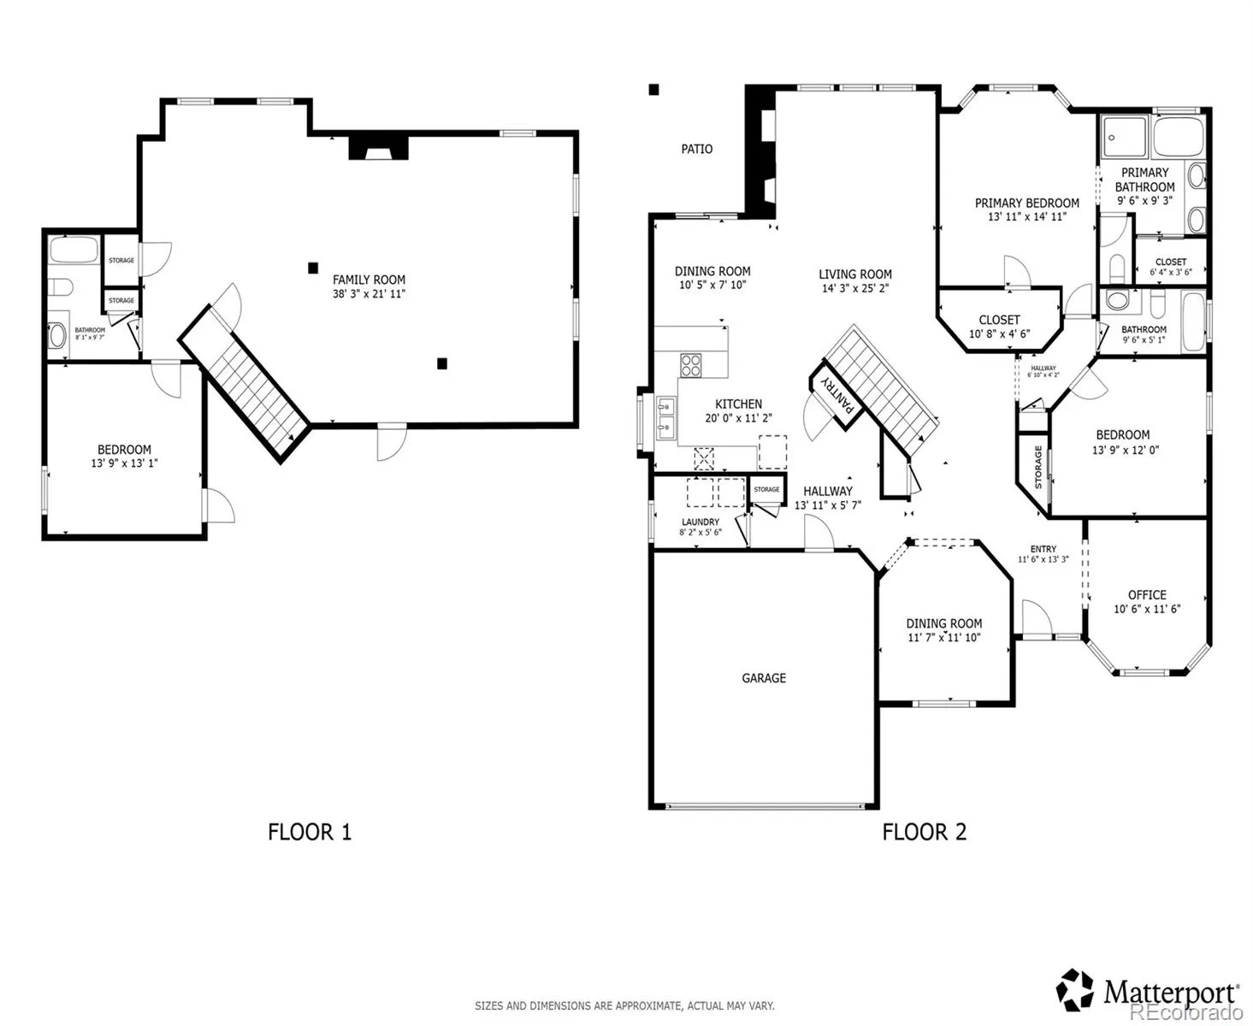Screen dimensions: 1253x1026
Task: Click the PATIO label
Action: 696,149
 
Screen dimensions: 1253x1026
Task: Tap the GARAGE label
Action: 764,678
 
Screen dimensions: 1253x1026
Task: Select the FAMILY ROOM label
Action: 369,280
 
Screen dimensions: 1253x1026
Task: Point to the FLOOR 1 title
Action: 310,832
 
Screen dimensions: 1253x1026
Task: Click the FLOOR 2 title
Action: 924,832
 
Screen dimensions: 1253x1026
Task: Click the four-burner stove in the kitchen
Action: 690,365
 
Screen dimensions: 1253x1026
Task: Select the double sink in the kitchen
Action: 665,418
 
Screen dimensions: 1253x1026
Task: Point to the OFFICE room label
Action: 1147,595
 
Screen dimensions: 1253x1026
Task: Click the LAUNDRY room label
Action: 700,522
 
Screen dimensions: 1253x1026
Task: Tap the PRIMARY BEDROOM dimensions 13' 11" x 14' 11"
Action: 1026,217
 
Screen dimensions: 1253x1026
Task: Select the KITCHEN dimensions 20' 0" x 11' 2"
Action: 738,417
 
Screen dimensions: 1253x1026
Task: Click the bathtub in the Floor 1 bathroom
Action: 74,251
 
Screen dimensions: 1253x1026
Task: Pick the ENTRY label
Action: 1043,549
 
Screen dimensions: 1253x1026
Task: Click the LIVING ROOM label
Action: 855,274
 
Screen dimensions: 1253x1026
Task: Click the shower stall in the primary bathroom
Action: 1124,138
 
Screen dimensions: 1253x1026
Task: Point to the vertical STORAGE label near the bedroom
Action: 1038,467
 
